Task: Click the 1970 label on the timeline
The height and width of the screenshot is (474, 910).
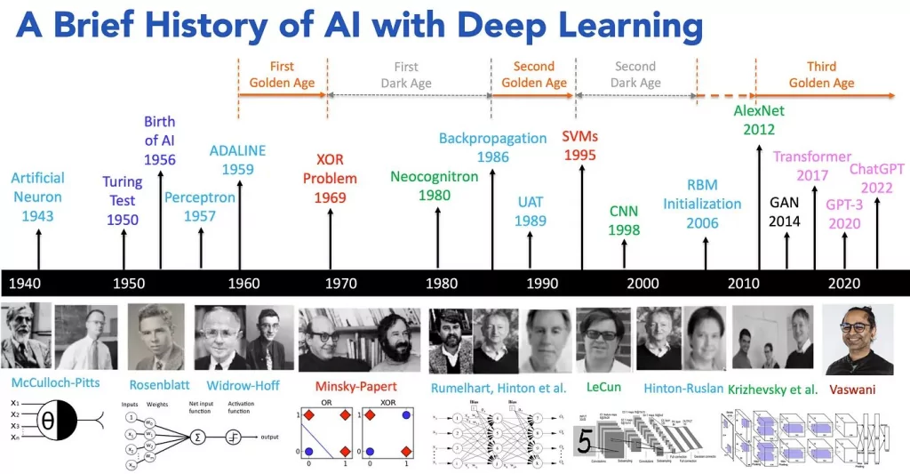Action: tap(340, 284)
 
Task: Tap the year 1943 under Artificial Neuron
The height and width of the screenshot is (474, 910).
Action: tap(38, 215)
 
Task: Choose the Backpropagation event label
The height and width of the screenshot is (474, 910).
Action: tap(492, 138)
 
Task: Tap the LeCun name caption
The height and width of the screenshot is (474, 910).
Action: tap(603, 388)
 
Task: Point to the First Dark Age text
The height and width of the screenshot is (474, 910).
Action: tap(406, 75)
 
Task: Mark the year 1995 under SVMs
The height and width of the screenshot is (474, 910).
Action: tap(581, 154)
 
